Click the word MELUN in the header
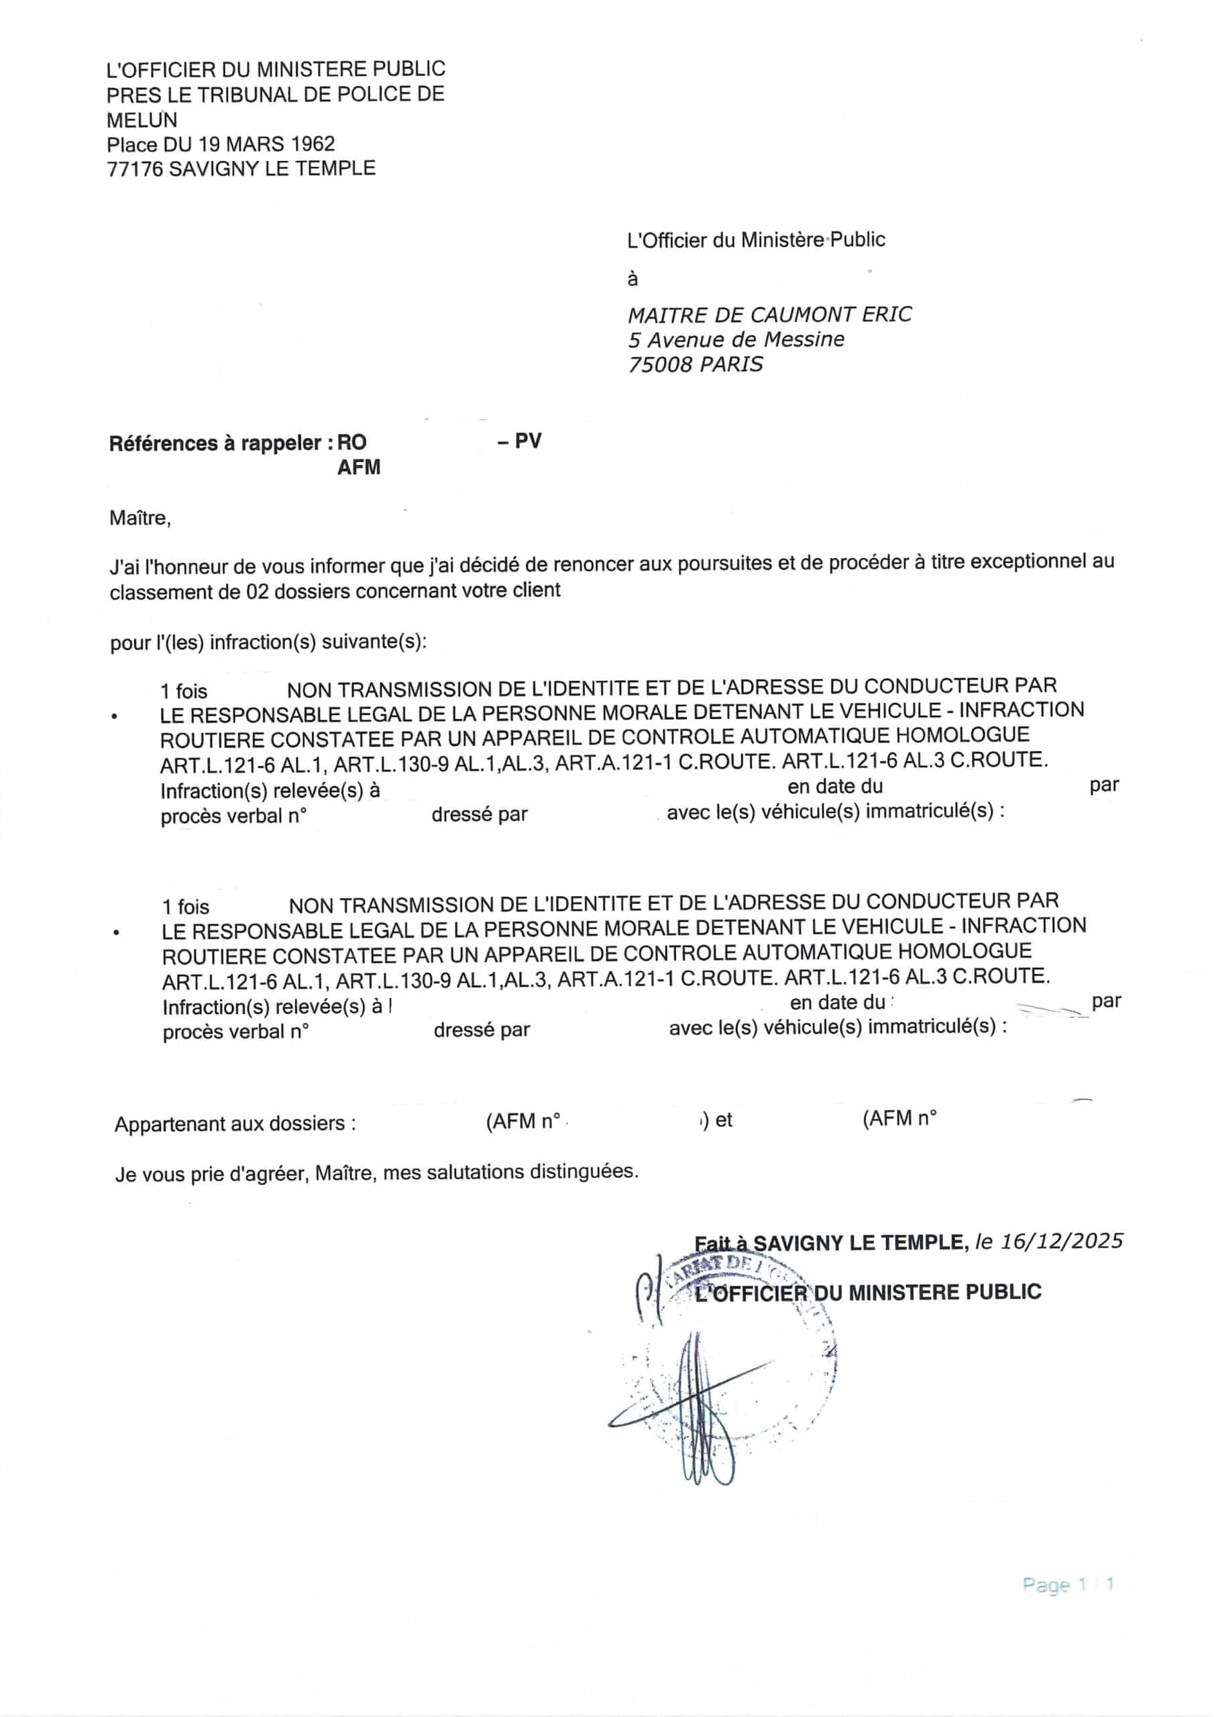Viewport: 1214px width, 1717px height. [142, 119]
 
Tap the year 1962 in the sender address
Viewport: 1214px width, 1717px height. [313, 144]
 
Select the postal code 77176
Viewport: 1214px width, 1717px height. [135, 169]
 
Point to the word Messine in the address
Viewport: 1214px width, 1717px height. [804, 339]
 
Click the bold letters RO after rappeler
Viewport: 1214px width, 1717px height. [351, 443]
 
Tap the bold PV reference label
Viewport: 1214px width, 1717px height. [528, 441]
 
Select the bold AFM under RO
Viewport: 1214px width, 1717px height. [359, 467]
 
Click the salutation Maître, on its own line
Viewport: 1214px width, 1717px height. [140, 518]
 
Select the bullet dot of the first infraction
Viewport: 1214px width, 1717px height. [115, 717]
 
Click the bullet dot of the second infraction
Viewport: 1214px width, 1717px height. [116, 933]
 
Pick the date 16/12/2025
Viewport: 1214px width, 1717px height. [1061, 1242]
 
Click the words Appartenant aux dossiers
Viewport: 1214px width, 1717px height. [235, 1124]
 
